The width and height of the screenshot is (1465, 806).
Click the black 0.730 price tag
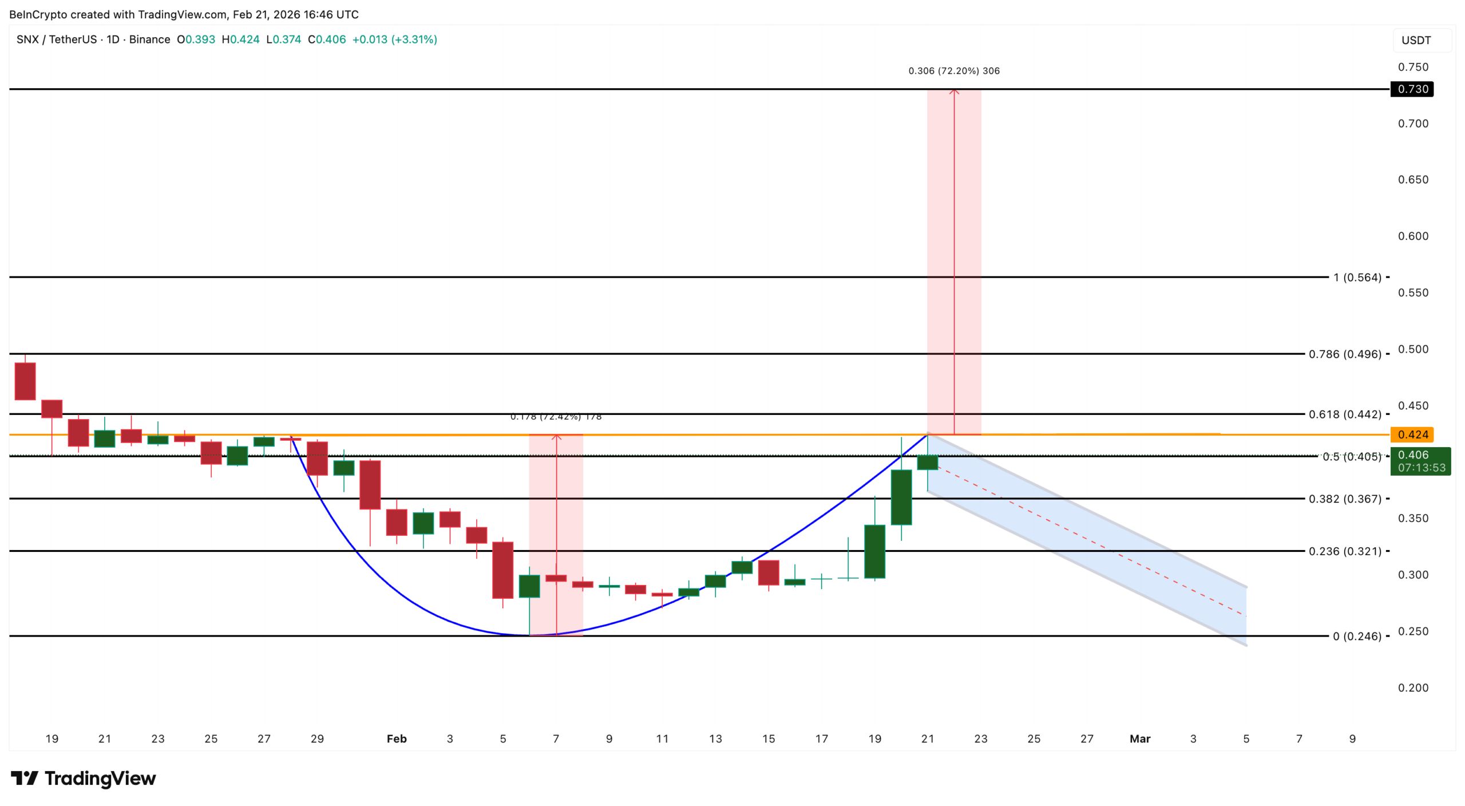(1412, 89)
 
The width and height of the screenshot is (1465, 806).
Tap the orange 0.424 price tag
(1412, 434)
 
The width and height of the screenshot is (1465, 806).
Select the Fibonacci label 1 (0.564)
(1357, 278)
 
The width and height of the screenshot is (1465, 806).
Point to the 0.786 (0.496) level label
(1345, 354)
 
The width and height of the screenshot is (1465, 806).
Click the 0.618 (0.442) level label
(1345, 414)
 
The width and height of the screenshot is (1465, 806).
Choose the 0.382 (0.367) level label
(1345, 499)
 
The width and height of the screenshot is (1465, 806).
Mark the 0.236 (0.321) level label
(1345, 551)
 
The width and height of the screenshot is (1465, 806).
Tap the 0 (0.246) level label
(1357, 637)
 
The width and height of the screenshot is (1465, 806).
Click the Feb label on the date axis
(397, 739)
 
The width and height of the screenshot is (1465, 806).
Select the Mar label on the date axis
(1139, 739)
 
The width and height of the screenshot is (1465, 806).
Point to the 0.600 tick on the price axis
(1413, 236)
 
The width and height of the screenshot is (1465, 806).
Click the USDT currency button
(1416, 41)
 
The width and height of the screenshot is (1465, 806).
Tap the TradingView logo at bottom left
(84, 779)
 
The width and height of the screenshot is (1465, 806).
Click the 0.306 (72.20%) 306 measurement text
(954, 71)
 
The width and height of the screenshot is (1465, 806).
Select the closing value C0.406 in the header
(327, 39)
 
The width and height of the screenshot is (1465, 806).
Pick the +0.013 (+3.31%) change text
(394, 39)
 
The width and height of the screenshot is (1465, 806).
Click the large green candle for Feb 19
(874, 551)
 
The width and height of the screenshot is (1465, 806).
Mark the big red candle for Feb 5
(503, 570)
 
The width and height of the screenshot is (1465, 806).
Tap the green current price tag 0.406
(1420, 461)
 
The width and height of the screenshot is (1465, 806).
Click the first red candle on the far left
(25, 381)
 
